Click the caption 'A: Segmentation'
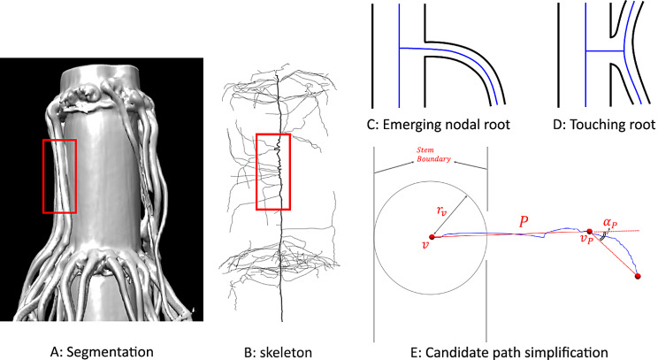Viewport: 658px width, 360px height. pyautogui.click(x=102, y=352)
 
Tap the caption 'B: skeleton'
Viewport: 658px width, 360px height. pyautogui.click(x=279, y=352)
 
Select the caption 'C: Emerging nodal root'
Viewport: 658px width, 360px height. pyautogui.click(x=438, y=124)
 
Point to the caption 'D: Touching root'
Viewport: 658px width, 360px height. pyautogui.click(x=604, y=124)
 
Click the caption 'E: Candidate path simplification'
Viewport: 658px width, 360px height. pyautogui.click(x=509, y=352)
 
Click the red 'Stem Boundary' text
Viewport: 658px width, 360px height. pyautogui.click(x=433, y=155)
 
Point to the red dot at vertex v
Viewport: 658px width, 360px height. pyautogui.click(x=432, y=237)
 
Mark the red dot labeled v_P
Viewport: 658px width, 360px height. pyautogui.click(x=589, y=232)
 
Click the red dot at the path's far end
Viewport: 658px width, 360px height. pyautogui.click(x=638, y=276)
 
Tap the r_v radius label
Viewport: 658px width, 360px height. pyautogui.click(x=441, y=211)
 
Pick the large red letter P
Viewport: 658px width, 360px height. pyautogui.click(x=523, y=222)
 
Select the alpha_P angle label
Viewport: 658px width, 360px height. pyautogui.click(x=610, y=223)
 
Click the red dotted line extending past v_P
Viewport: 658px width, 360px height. pyautogui.click(x=615, y=231)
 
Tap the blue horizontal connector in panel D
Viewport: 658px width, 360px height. pyautogui.click(x=605, y=50)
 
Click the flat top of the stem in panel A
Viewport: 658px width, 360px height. pyautogui.click(x=101, y=74)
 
